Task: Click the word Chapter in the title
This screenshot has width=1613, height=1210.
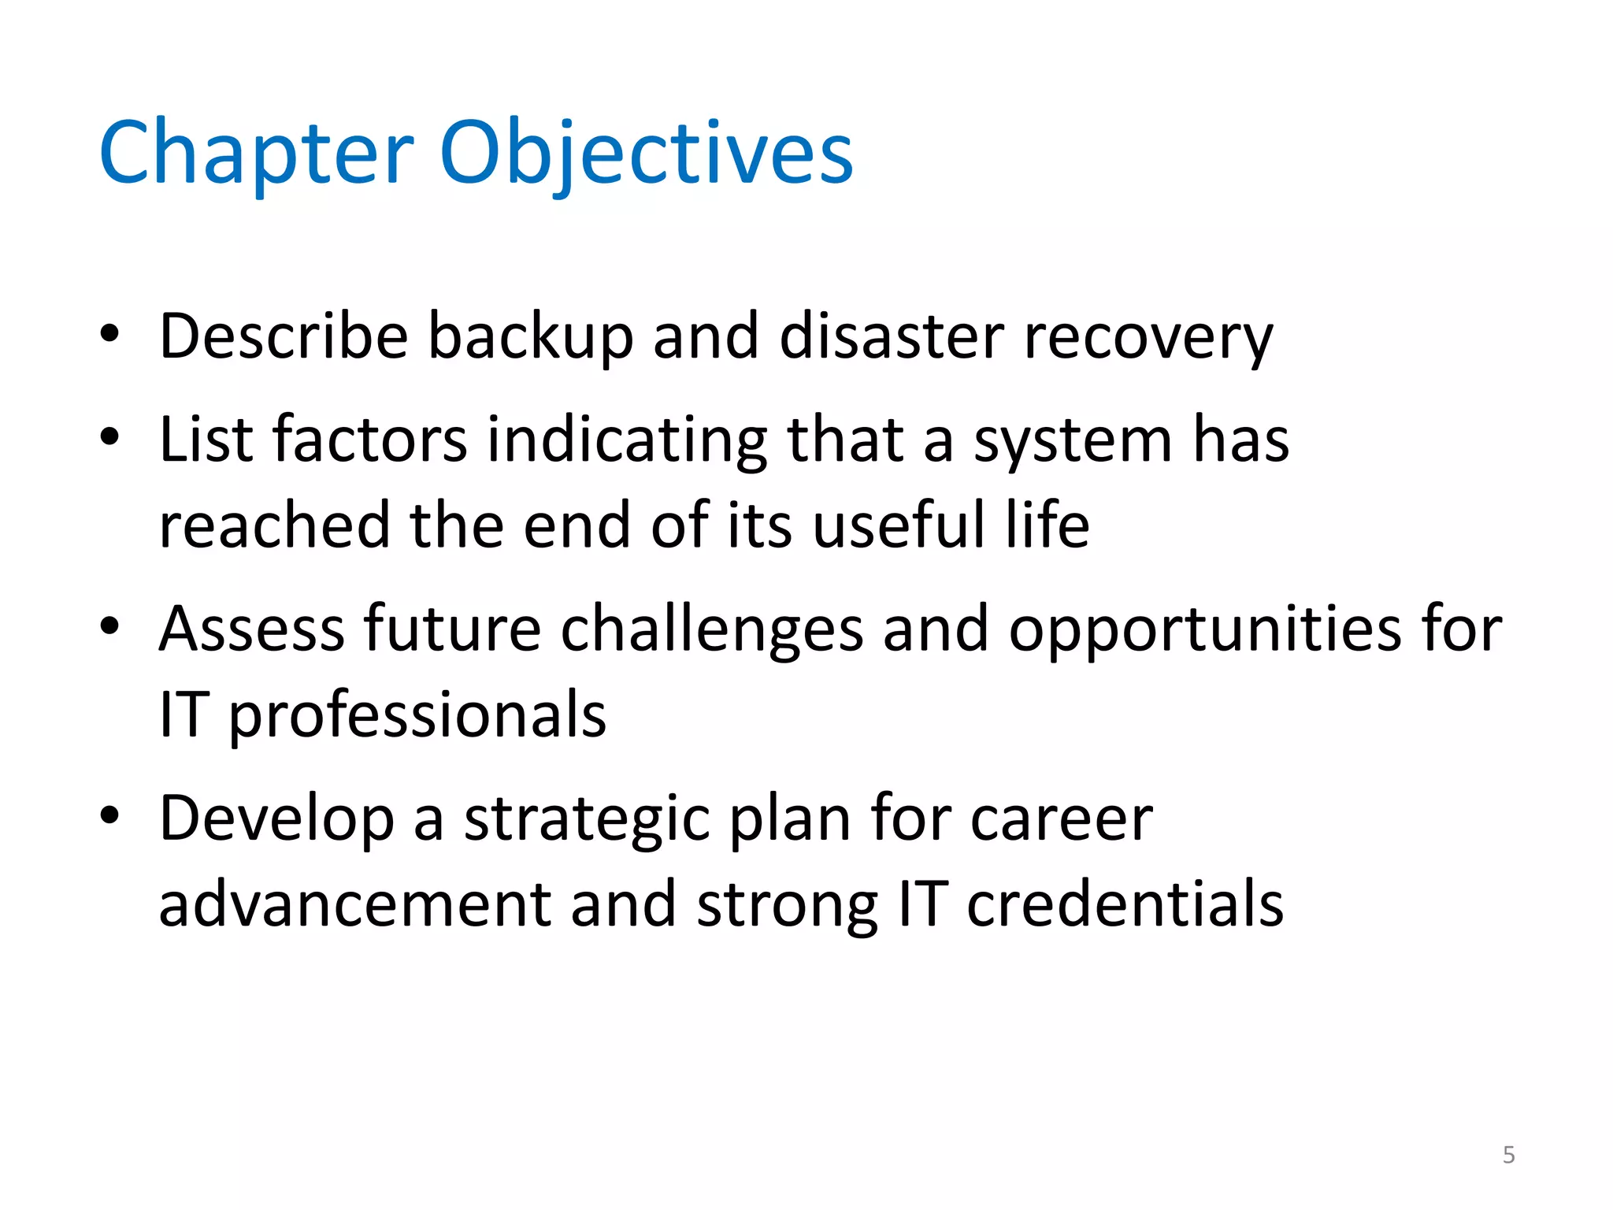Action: [x=256, y=154]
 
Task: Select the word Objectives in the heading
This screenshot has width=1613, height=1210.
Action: [x=646, y=154]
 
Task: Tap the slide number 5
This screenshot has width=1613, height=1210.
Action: [x=1508, y=1155]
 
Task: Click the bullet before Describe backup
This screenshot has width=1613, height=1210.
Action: [x=109, y=334]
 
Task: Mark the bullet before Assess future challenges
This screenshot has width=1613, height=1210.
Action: [x=109, y=626]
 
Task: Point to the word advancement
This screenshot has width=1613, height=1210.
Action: [x=354, y=904]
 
